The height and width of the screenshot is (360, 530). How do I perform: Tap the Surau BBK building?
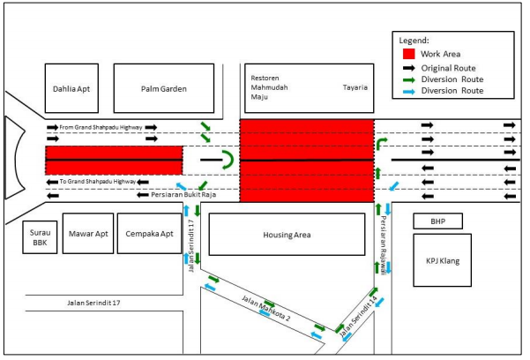pos(41,236)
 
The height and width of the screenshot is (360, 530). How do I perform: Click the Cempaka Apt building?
pos(146,236)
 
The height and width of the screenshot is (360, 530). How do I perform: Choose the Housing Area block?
pos(285,236)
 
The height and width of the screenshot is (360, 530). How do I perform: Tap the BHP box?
pos(437,221)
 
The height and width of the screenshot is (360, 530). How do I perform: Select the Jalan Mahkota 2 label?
pos(267,308)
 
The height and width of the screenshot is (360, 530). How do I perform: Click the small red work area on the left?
pos(114,160)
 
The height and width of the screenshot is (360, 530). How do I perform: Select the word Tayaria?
pos(355,88)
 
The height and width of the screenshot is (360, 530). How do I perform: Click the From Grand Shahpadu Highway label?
pos(101,128)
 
